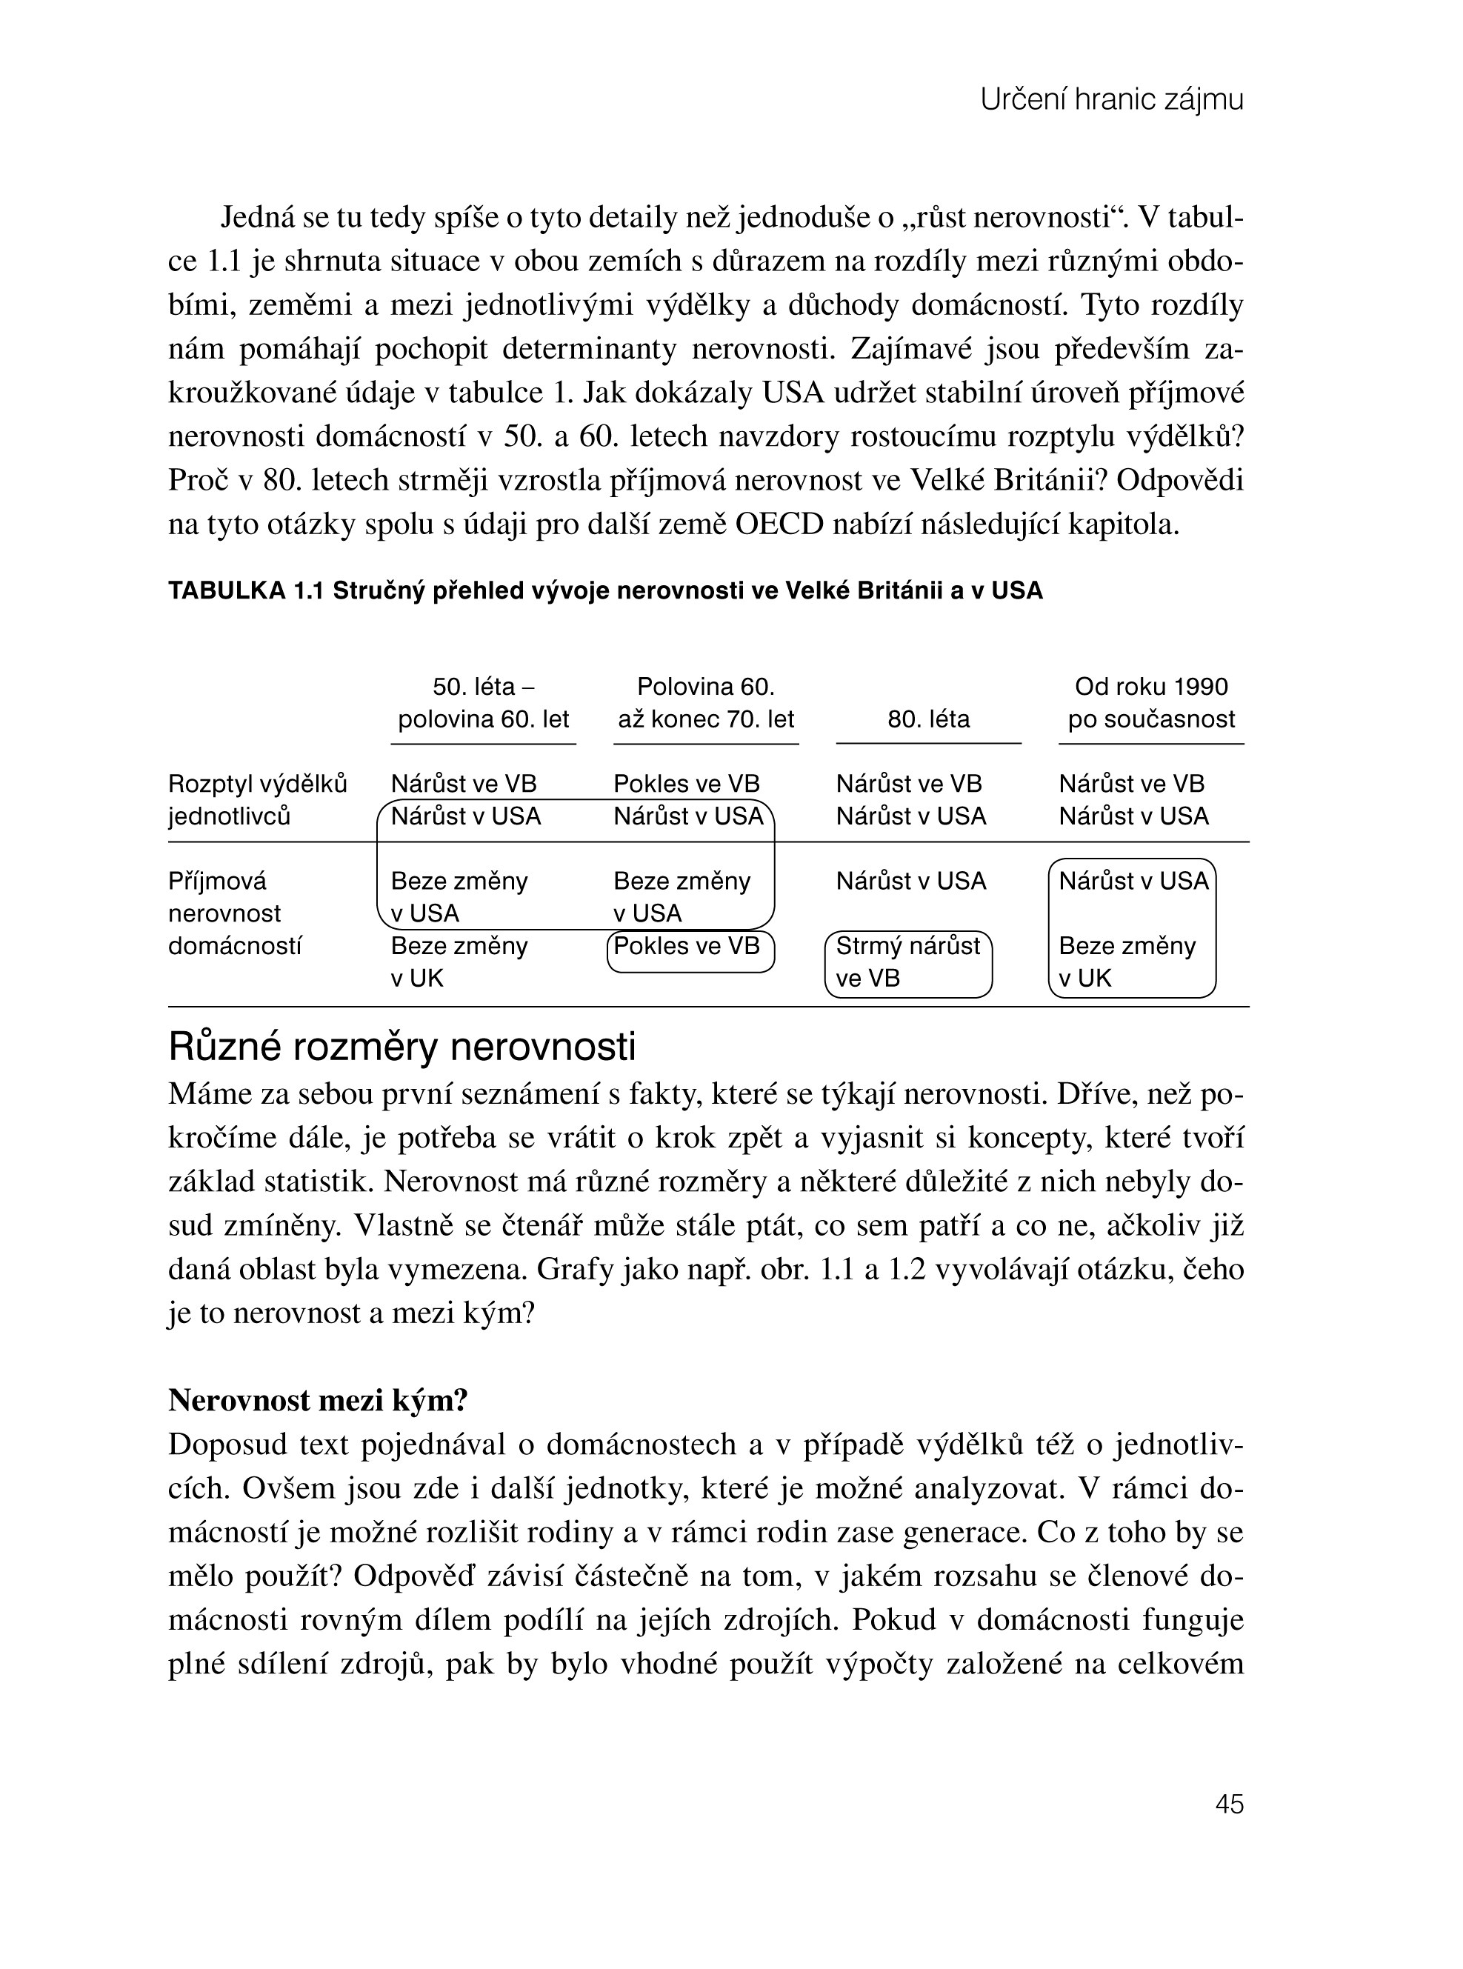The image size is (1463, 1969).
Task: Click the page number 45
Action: [1229, 1803]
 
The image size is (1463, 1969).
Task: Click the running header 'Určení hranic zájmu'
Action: [1111, 100]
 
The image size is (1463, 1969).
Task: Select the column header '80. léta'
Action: [928, 719]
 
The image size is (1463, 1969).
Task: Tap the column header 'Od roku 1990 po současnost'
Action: [1151, 703]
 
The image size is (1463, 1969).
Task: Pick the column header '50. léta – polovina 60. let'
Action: [483, 703]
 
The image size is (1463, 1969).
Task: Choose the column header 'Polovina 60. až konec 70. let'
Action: [706, 703]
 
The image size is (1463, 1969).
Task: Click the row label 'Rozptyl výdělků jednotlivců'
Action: [257, 800]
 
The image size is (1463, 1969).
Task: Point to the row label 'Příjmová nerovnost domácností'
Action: [234, 913]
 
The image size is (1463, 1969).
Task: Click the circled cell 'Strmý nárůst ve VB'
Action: [907, 963]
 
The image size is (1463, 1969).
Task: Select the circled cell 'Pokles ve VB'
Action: [687, 947]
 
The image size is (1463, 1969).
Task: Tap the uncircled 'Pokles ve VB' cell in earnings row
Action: [687, 784]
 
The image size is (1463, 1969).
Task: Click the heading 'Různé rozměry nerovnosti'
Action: [402, 1047]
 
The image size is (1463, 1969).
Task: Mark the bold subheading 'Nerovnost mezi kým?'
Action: [318, 1400]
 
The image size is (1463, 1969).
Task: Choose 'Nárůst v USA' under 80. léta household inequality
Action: [910, 882]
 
